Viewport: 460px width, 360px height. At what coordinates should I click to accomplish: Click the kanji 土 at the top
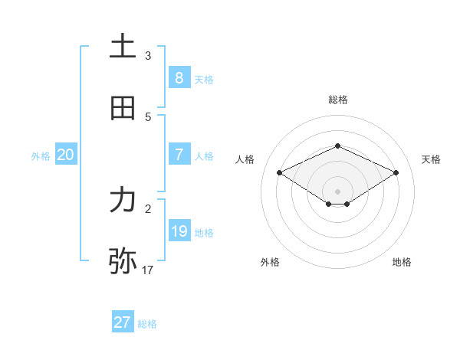tap(123, 47)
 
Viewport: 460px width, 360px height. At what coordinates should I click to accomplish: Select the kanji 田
tap(123, 108)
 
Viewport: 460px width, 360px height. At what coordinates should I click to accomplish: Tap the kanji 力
tap(123, 200)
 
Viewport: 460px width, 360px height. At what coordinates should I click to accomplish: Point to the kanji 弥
tap(123, 261)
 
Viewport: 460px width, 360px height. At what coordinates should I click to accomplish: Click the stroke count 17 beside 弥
tap(148, 270)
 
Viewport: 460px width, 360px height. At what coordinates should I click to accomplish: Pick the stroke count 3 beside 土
tap(148, 56)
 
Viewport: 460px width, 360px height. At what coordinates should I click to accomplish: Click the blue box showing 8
tap(179, 77)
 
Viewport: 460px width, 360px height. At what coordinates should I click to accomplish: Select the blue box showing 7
tap(179, 154)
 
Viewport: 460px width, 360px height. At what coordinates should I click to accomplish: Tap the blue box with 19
tap(179, 231)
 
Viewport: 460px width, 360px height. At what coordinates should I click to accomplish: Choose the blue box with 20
tap(65, 154)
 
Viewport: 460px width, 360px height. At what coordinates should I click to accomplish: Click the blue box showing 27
tap(122, 322)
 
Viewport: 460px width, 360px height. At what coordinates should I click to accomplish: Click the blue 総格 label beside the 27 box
tap(147, 324)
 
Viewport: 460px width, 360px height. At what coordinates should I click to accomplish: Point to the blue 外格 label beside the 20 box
tap(41, 155)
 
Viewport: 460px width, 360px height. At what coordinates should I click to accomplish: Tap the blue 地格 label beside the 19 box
tap(204, 232)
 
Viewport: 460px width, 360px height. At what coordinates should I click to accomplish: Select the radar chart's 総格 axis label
tap(337, 100)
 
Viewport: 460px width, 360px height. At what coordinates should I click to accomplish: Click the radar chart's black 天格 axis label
tap(431, 159)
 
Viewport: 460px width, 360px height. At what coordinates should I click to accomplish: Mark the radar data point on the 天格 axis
tap(396, 172)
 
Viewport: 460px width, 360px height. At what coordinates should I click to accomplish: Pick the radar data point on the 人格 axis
tap(280, 172)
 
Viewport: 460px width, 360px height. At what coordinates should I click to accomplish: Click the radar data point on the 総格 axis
tap(337, 146)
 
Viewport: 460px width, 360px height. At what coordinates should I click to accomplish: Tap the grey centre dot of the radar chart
tap(337, 191)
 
